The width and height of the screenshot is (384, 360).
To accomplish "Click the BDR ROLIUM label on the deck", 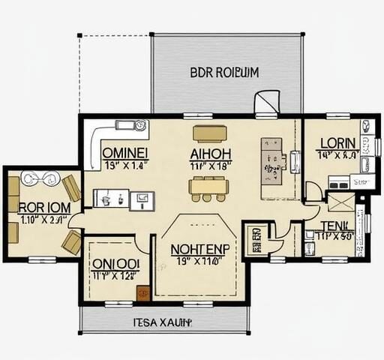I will (x=224, y=73).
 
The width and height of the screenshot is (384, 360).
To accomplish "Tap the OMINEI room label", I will (x=124, y=151).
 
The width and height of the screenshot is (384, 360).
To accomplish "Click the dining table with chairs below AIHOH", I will (x=207, y=187).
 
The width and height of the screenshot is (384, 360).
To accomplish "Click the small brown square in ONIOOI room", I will (x=140, y=294).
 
